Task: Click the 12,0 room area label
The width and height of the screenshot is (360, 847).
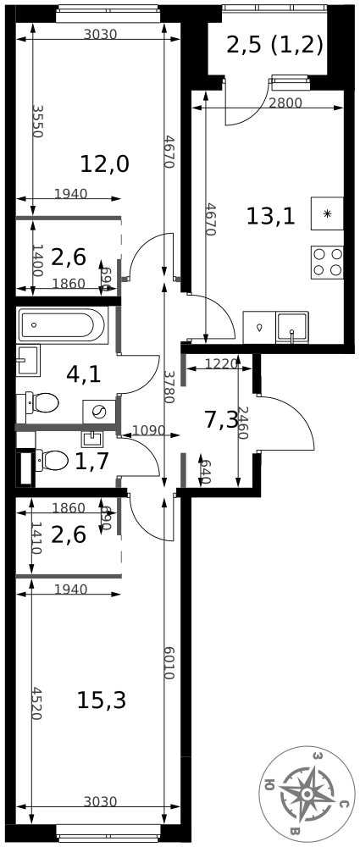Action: [x=104, y=163]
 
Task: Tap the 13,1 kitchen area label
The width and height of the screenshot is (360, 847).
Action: [x=270, y=216]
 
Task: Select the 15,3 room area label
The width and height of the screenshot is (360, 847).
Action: [x=102, y=700]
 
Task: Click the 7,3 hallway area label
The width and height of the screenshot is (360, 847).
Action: [x=222, y=420]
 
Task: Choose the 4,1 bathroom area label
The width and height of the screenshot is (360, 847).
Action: [x=83, y=374]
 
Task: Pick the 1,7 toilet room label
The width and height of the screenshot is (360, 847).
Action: [x=91, y=461]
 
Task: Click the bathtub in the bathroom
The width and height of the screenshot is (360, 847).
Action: [x=62, y=324]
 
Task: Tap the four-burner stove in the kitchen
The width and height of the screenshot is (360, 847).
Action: [x=327, y=262]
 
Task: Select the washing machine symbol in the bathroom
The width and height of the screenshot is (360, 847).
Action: [x=99, y=412]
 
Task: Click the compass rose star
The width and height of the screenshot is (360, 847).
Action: [x=307, y=794]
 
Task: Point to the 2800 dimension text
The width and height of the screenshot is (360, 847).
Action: [x=285, y=103]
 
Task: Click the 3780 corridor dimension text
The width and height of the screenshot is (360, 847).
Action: [x=169, y=387]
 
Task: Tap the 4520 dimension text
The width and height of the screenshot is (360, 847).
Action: [x=36, y=703]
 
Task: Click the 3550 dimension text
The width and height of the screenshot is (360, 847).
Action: [x=36, y=121]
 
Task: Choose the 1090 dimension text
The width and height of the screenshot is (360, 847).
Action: [x=147, y=430]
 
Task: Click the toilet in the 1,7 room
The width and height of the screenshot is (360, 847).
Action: [x=52, y=460]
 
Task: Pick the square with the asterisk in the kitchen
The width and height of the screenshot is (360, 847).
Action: [x=327, y=213]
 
